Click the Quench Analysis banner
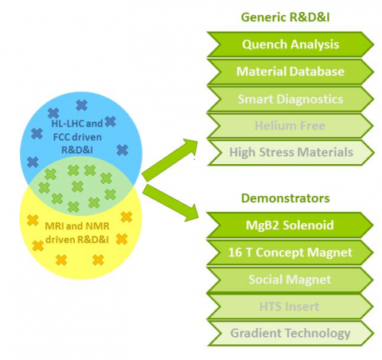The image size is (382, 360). point(290,45)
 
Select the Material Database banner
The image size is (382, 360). point(290,72)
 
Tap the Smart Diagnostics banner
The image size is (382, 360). point(290,99)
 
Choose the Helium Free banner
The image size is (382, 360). point(290,126)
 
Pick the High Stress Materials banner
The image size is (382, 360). point(291,153)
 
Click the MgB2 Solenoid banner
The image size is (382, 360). point(290,225)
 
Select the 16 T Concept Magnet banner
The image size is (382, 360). point(290,252)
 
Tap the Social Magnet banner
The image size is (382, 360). point(290,280)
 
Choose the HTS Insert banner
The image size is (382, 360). point(290,307)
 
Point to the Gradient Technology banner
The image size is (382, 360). point(290,334)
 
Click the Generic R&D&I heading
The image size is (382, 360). point(286,18)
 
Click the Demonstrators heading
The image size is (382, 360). point(286,198)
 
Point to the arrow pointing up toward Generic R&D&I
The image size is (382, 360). point(170,160)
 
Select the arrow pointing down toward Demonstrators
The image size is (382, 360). point(171,203)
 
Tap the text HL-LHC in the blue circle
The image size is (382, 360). point(68,123)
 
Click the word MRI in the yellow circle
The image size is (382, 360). point(54,226)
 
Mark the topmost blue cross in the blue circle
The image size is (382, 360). point(82,105)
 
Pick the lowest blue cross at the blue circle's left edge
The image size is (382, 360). point(33,162)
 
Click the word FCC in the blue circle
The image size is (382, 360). point(61,137)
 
